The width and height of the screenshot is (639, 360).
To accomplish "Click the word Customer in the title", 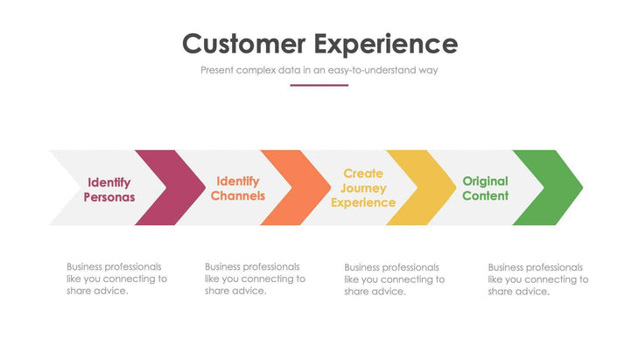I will tap(243, 44).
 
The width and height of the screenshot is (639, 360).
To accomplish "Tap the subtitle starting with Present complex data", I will tap(319, 70).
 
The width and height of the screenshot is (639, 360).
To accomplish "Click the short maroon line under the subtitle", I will tap(319, 85).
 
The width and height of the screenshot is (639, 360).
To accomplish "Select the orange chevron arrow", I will tap(291, 187).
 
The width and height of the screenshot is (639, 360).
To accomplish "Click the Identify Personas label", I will tap(109, 189).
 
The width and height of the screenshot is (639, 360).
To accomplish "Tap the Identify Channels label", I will tap(237, 188).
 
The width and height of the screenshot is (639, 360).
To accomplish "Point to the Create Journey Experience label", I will tap(363, 187).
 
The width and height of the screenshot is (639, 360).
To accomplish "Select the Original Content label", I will tap(485, 188).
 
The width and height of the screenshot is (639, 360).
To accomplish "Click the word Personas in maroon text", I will tap(109, 197).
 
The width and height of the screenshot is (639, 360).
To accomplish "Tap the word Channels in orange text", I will tap(237, 196).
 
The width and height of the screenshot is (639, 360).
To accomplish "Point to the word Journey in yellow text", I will tap(363, 188).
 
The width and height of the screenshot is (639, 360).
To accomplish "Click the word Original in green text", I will tap(485, 181).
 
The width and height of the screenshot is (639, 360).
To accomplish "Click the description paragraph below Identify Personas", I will tap(116, 279).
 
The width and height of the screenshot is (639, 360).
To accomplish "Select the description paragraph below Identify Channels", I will tap(255, 279).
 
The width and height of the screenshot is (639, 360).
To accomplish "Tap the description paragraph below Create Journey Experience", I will tap(394, 279).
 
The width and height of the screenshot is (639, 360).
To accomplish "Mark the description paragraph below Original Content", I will tap(537, 279).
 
